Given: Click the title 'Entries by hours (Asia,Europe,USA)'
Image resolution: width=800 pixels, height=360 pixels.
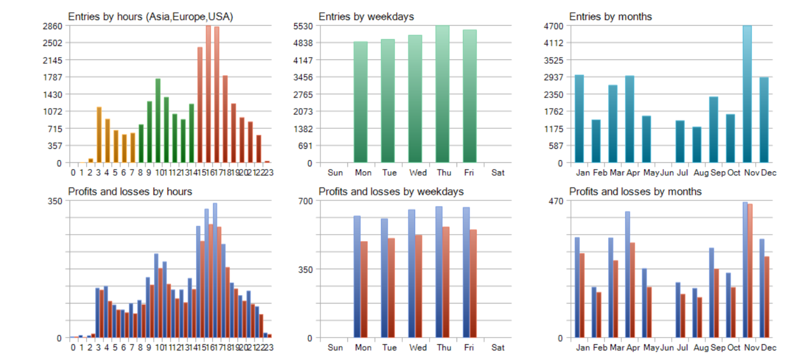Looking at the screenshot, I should (x=150, y=17).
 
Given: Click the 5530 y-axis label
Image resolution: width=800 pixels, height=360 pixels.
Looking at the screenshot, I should (x=305, y=26).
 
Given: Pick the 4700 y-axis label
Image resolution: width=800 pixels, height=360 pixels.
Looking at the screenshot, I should (x=556, y=26).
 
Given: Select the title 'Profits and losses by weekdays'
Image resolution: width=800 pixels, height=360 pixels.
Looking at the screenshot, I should (x=391, y=191).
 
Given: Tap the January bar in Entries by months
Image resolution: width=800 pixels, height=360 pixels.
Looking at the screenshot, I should (x=579, y=119).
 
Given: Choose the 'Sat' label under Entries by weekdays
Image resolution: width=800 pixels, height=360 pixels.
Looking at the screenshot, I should (x=497, y=172).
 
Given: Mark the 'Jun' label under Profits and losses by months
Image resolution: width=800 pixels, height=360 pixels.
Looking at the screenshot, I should (x=667, y=348).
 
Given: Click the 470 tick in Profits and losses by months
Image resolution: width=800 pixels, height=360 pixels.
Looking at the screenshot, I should (x=559, y=200).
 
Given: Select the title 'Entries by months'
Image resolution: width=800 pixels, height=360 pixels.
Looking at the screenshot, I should (x=610, y=17).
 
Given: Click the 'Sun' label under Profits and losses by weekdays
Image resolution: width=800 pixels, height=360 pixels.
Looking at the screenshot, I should (x=334, y=348).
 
